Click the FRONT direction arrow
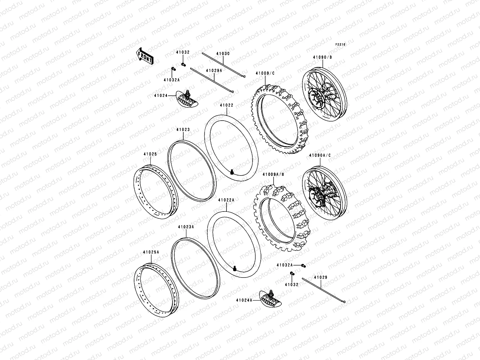pos(145,55)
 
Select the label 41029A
pos(214,70)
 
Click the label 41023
pos(183,130)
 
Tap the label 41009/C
pos(265,73)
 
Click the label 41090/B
pos(322,57)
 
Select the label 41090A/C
pos(320,155)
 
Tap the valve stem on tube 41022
pos(232,172)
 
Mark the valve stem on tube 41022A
pos(235,268)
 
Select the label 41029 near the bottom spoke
pos(321,277)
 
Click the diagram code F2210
pos(340,44)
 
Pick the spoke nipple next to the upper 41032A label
pos(173,69)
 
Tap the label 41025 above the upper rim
pos(150,154)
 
